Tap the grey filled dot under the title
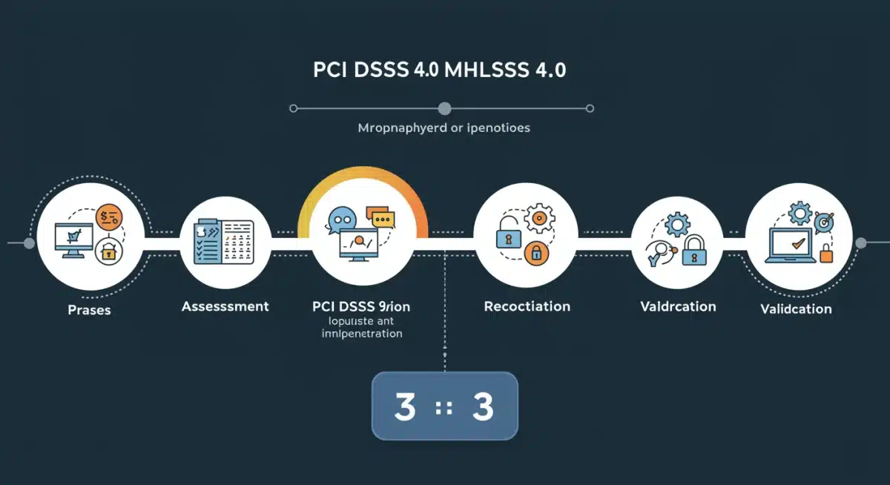[444, 109]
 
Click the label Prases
[89, 310]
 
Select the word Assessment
[225, 306]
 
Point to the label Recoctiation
[527, 306]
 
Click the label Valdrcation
[678, 306]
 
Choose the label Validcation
[796, 309]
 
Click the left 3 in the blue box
[405, 407]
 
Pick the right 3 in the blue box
[483, 407]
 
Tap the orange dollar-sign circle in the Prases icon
[109, 217]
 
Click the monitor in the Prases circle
[73, 240]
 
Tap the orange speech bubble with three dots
[383, 219]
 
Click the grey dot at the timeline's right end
[861, 243]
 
